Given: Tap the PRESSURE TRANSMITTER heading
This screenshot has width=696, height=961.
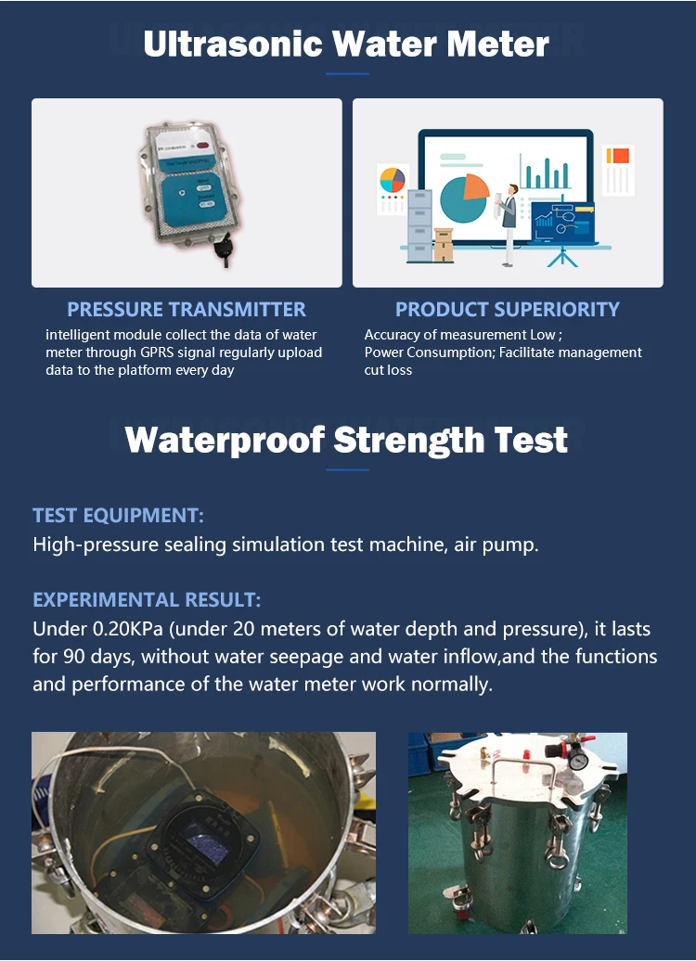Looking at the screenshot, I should coord(187,309).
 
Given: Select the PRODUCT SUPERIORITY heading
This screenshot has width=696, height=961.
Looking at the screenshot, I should coord(507,309).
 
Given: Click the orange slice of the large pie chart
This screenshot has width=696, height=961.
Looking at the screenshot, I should coord(475,186).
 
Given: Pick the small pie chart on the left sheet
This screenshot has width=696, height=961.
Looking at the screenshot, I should coord(393,179).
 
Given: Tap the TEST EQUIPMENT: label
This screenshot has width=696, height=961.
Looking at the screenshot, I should coord(118,515).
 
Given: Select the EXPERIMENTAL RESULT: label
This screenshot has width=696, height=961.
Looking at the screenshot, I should coord(147,599).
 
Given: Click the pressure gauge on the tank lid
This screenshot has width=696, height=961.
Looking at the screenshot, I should coord(579,761).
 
